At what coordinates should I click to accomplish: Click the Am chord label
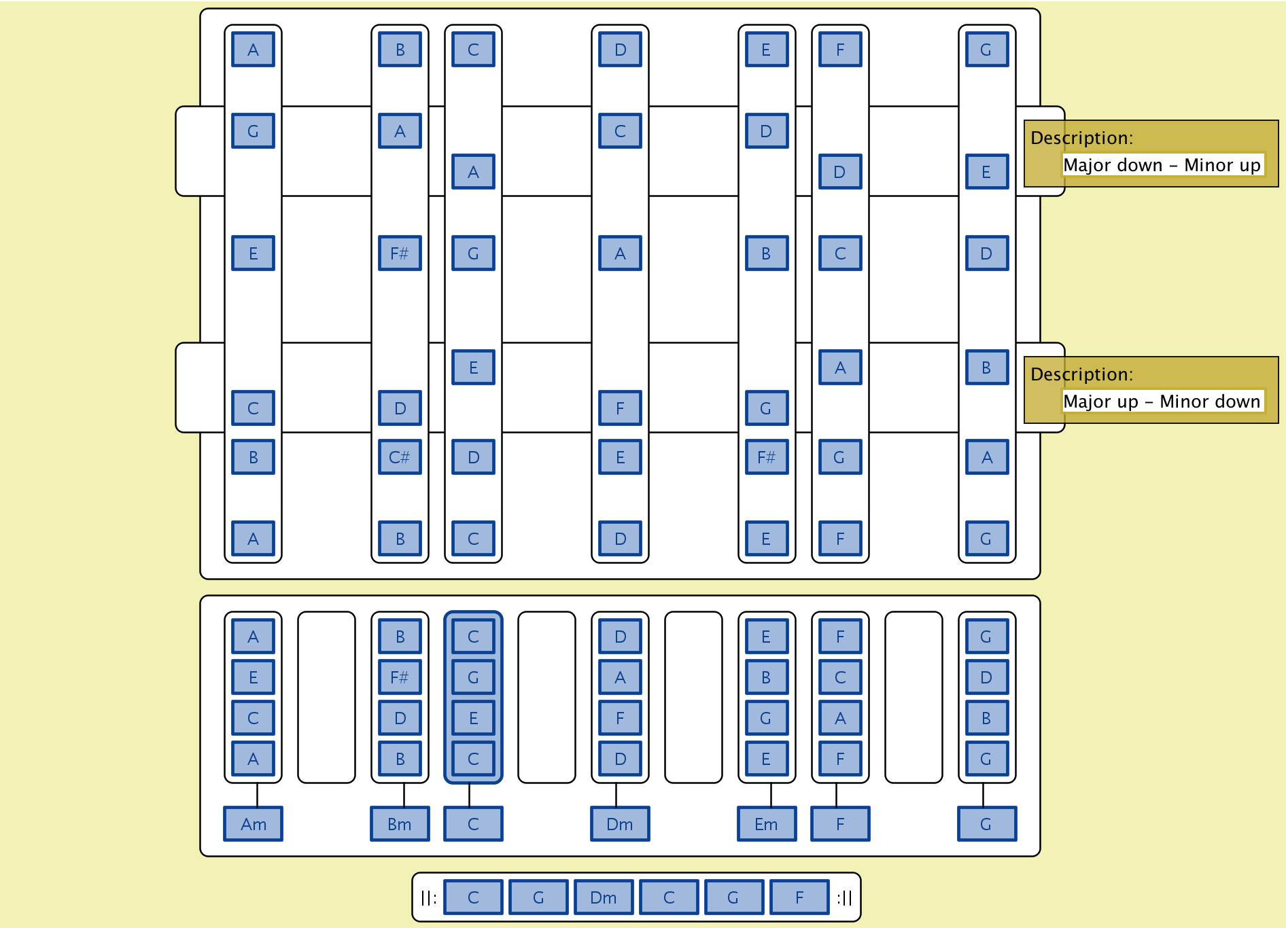click(253, 823)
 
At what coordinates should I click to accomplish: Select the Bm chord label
click(400, 823)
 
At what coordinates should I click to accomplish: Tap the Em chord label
click(766, 823)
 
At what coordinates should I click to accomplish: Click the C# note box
click(400, 457)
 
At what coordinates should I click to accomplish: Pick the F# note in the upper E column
click(766, 457)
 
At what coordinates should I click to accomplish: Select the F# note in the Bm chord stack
click(400, 677)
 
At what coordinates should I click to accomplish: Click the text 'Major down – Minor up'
click(1162, 165)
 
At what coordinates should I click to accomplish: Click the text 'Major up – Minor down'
click(1162, 401)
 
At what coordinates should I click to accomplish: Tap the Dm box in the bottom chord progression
click(604, 897)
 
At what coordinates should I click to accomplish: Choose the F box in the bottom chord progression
click(799, 897)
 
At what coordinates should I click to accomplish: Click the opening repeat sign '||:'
click(428, 897)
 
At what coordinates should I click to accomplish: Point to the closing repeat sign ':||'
click(844, 897)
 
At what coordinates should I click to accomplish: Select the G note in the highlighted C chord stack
click(473, 677)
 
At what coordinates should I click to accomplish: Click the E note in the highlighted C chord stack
click(473, 718)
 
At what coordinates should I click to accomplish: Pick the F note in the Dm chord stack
click(620, 718)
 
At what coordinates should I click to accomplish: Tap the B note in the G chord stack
click(986, 718)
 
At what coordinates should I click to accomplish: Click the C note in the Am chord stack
click(253, 718)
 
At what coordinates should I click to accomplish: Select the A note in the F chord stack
click(840, 718)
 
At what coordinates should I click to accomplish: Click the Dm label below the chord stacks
click(620, 823)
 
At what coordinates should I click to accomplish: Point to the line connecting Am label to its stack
click(257, 795)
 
